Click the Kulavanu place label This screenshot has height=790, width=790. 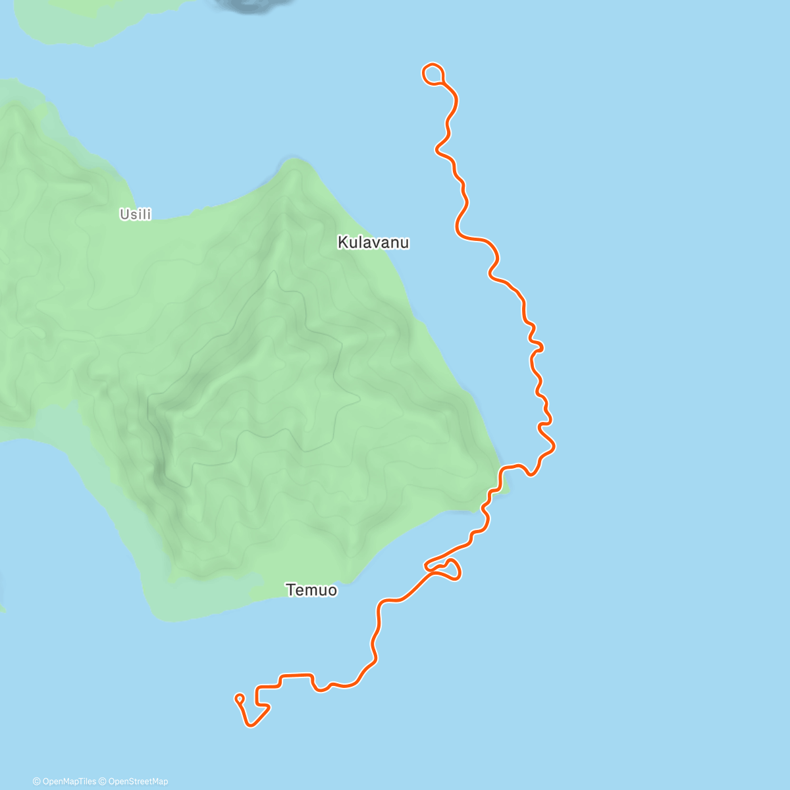click(373, 243)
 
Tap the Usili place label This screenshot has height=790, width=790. click(136, 214)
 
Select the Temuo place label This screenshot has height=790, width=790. click(311, 591)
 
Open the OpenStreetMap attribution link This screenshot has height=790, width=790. click(138, 781)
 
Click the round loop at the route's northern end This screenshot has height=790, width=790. click(433, 74)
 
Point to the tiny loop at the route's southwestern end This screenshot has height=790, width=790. click(240, 698)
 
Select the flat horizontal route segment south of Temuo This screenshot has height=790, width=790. click(296, 675)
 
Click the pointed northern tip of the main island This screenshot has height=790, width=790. click(294, 161)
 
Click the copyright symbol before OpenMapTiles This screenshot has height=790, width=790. click(37, 781)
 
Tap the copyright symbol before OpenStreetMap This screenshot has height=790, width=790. click(103, 781)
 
